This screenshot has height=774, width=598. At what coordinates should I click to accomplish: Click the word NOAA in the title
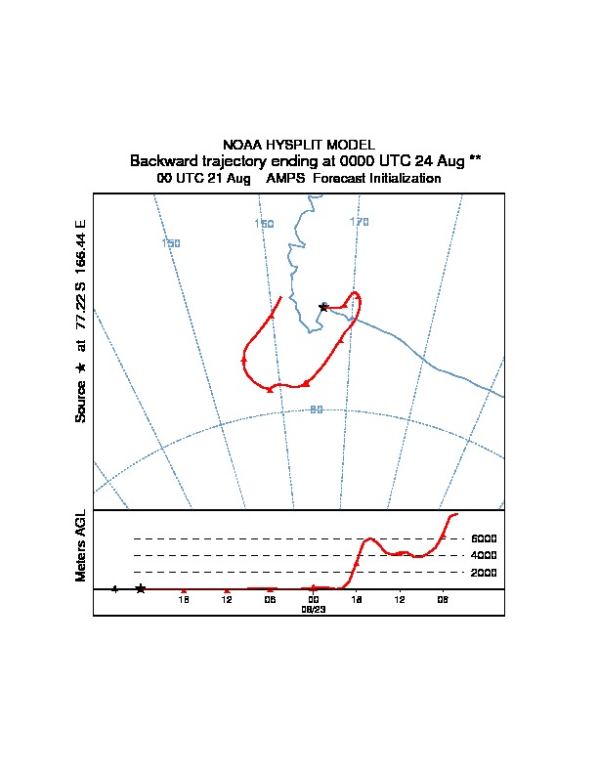241,145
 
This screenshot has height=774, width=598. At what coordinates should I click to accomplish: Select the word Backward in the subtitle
162,160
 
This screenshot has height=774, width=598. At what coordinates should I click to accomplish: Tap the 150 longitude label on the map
171,243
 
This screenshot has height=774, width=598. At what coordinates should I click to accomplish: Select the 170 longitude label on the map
360,222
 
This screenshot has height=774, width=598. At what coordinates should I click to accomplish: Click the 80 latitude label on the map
316,409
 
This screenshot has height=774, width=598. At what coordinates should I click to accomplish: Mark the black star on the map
323,307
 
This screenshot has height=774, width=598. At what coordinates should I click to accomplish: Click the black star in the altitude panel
141,588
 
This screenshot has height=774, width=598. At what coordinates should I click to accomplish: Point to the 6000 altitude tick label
484,538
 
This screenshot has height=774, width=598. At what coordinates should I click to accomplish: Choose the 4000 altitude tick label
484,555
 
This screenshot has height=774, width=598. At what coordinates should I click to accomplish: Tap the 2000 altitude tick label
484,573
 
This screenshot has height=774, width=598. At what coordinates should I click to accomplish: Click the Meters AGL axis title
81,545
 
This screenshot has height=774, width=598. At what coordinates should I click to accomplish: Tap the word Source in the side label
81,401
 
